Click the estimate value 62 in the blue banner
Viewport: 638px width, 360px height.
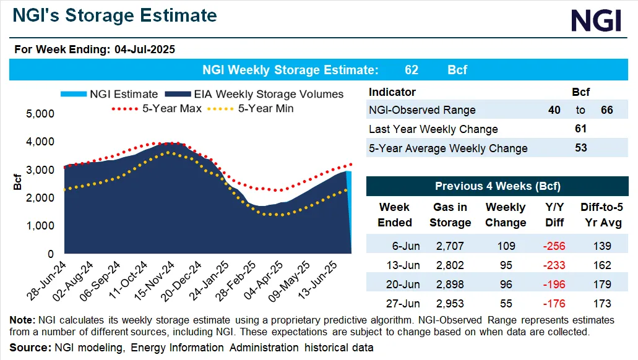[x=411, y=70]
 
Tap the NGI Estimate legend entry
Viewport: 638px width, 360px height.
[x=110, y=94]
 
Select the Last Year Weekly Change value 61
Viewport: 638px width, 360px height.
[x=580, y=129]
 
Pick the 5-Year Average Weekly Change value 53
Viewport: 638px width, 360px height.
[x=580, y=148]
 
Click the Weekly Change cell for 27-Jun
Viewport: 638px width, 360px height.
[x=506, y=303]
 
